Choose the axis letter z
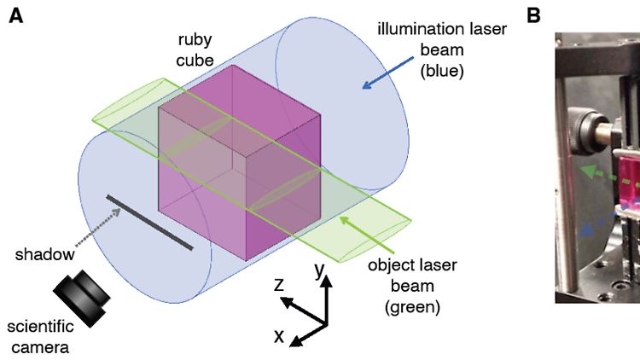279,284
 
